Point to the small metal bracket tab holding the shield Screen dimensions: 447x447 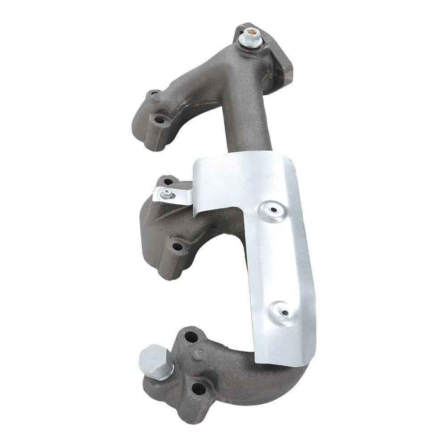click(x=176, y=195)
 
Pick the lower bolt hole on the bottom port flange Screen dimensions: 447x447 click(x=199, y=388)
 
